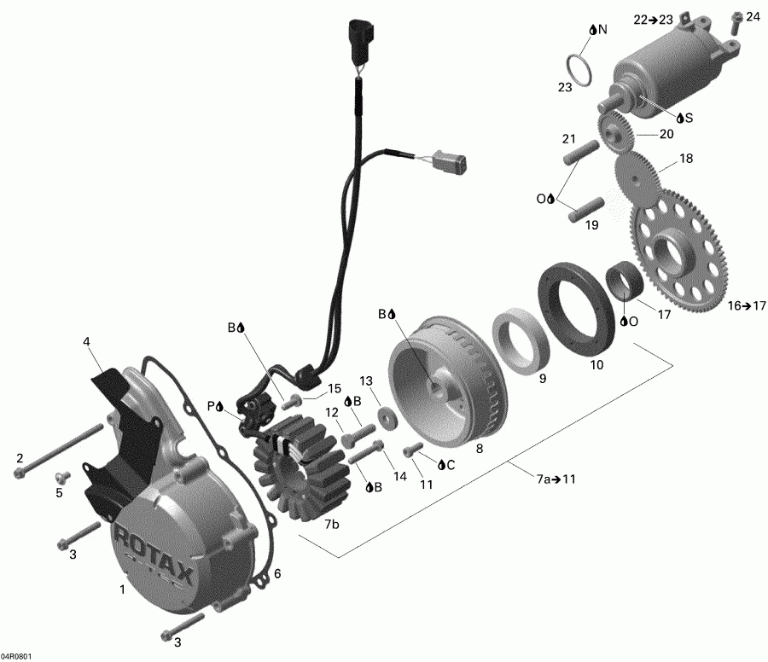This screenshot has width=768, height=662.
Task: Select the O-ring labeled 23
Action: click(579, 70)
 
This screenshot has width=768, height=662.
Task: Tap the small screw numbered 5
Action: click(61, 475)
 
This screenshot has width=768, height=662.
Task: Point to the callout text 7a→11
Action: click(556, 479)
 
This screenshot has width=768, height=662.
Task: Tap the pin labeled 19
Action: click(585, 207)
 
